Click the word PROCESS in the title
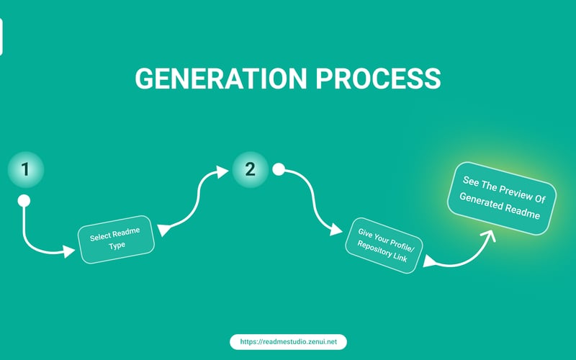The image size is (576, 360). point(379,78)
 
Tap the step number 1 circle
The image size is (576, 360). point(25,170)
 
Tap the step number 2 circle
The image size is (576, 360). point(250,169)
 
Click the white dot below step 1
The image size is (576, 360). point(24,201)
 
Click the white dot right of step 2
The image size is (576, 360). point(279,169)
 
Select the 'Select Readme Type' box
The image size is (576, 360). point(116,239)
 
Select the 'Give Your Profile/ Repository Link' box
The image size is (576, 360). point(384,245)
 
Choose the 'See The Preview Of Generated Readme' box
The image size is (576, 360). point(502,198)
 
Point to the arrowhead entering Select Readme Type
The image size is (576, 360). point(68,251)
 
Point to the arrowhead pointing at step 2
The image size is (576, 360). point(222,171)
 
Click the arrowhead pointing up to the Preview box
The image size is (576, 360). point(488,235)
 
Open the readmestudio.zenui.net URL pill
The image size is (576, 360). point(289,341)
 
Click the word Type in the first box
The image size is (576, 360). point(117,246)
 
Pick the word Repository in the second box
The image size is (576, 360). point(373,249)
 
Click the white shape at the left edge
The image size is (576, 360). point(1,37)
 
